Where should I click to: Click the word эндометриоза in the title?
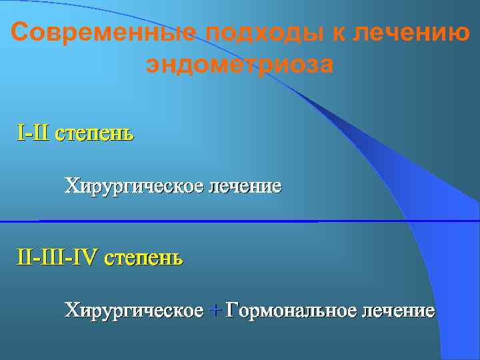tap(239, 66)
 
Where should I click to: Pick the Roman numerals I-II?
tap(33, 133)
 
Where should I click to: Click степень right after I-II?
tap(94, 133)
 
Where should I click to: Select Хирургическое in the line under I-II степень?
tap(133, 185)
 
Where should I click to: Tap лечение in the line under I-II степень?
tap(245, 185)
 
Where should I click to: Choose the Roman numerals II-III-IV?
tap(59, 257)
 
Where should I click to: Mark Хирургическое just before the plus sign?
tap(133, 310)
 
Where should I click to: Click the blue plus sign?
tap(215, 311)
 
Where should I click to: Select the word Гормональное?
tap(291, 310)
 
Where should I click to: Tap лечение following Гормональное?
tap(399, 310)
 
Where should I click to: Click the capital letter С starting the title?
tap(21, 33)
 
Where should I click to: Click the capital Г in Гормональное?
tap(231, 310)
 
